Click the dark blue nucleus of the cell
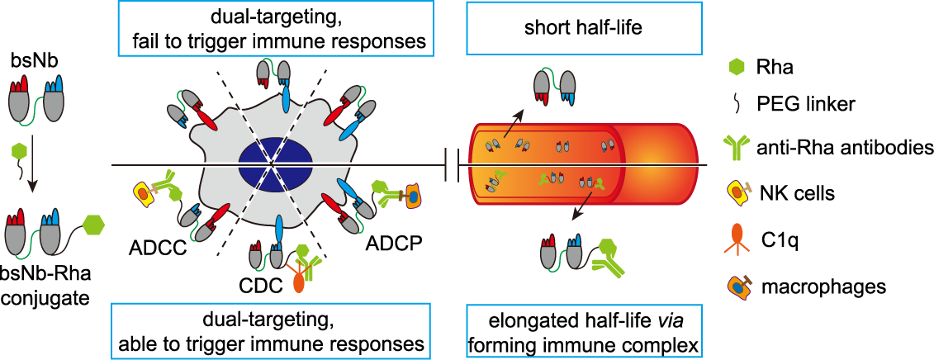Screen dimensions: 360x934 point(275,158)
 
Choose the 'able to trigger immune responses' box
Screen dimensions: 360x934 point(273,329)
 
